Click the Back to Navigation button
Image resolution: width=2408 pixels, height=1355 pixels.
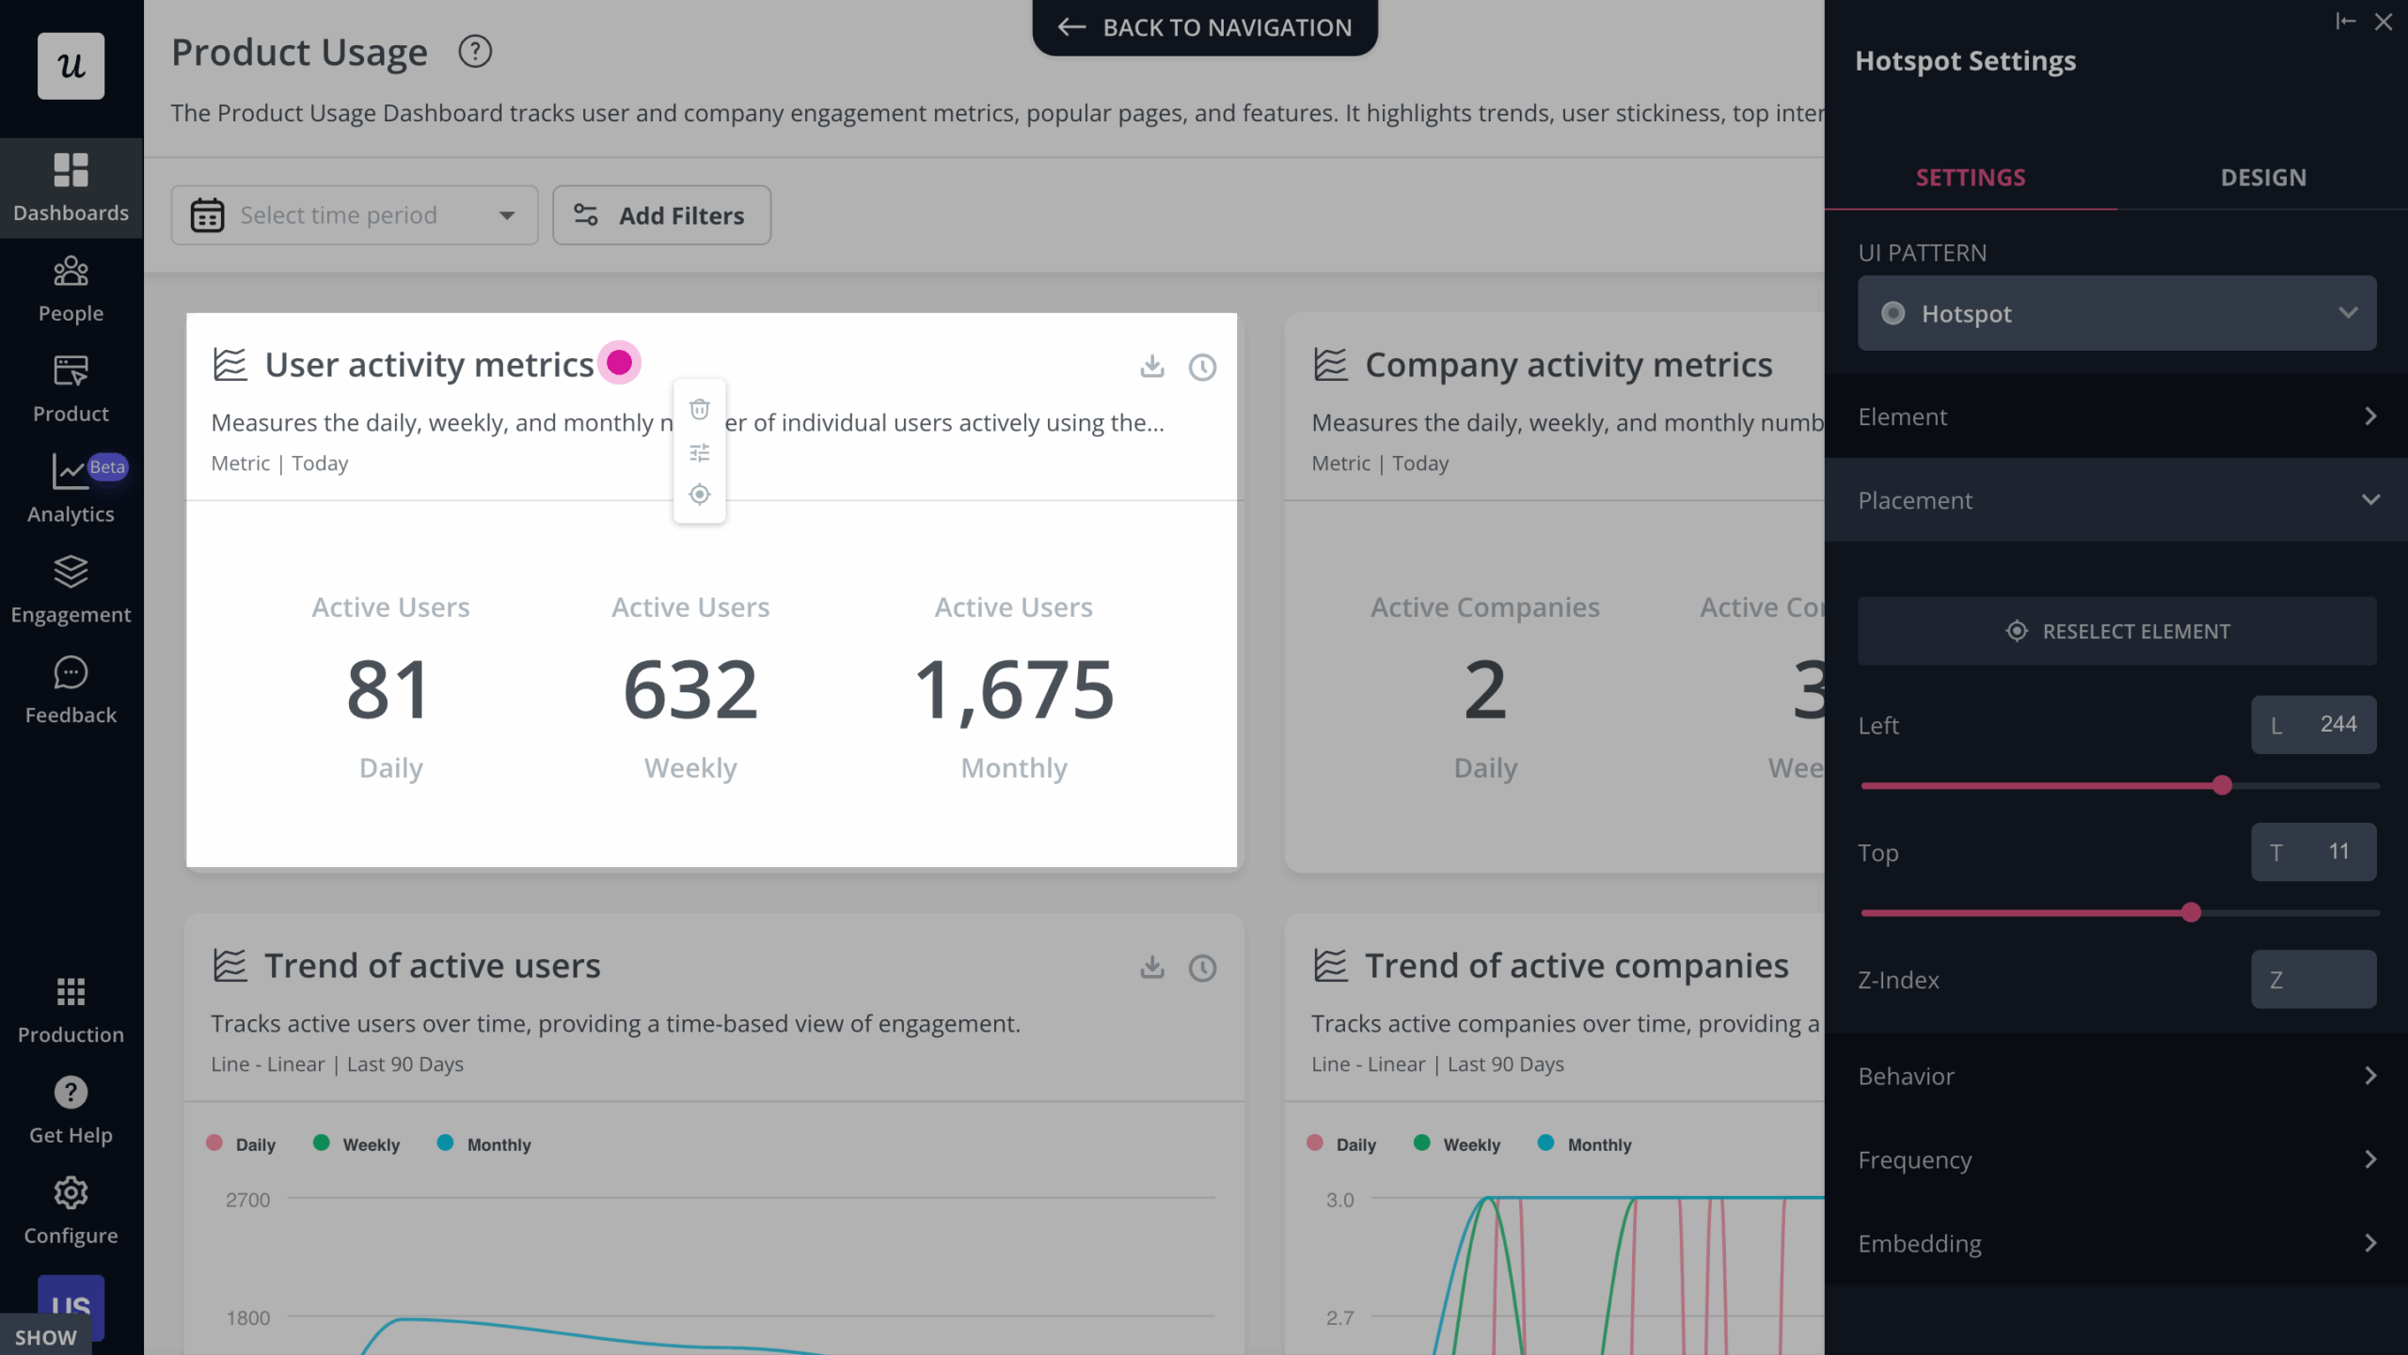[1205, 27]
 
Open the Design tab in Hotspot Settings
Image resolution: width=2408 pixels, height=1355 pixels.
[2262, 178]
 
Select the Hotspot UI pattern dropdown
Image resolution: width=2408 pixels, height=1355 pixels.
[2116, 313]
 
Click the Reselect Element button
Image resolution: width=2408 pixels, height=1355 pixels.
[2116, 631]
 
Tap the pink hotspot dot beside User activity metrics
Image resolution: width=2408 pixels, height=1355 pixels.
[619, 363]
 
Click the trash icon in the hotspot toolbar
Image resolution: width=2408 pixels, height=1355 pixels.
[699, 409]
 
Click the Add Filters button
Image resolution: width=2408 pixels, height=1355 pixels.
[661, 215]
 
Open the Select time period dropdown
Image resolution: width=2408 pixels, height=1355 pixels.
[354, 215]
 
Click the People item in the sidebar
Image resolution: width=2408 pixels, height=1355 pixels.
[71, 289]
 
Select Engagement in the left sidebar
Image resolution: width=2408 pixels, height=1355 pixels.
[71, 590]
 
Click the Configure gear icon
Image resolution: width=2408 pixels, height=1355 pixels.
[71, 1193]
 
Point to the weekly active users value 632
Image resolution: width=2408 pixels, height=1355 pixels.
[690, 689]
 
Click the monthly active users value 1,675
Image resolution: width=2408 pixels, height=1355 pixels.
[1014, 689]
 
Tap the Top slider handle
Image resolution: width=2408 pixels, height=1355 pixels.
[2191, 912]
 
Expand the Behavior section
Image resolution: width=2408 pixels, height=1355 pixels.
[2116, 1076]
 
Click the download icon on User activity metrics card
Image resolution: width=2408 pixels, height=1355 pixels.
[1151, 366]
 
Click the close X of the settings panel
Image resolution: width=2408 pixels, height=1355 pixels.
[2383, 22]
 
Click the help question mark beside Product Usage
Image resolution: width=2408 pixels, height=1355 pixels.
[475, 52]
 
